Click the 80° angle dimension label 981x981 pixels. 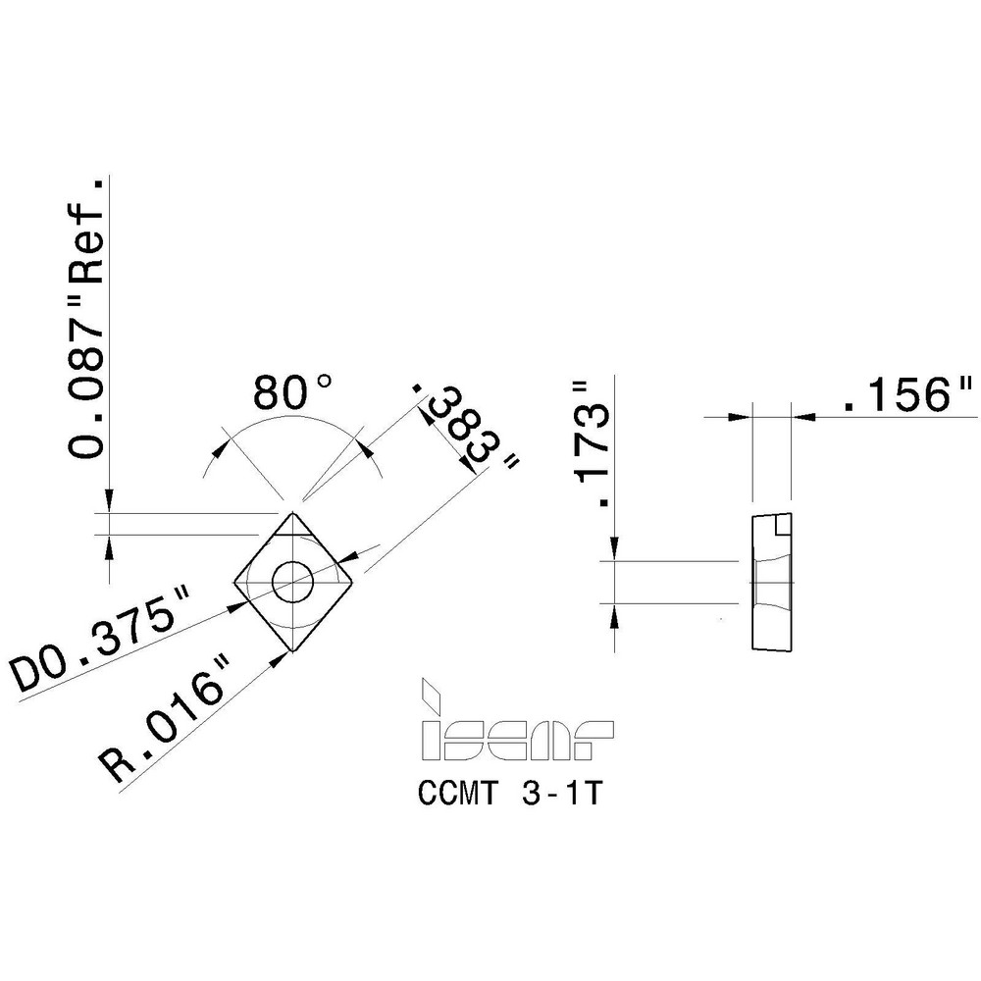tap(293, 393)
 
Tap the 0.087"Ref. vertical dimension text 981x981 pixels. tap(87, 319)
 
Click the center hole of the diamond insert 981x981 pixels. tap(292, 582)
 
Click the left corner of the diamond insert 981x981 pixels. tap(234, 586)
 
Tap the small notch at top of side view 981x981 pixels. tap(782, 525)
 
